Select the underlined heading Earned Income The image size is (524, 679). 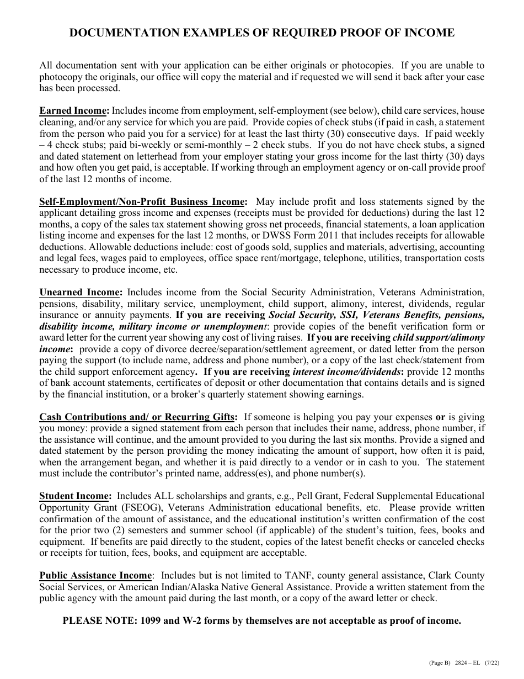tap(72, 111)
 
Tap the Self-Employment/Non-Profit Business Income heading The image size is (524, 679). tap(141, 202)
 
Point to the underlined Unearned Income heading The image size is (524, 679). tap(79, 293)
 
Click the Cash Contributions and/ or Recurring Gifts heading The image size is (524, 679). tap(137, 417)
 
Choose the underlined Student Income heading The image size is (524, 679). tap(75, 496)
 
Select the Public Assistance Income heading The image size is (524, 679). tap(95, 576)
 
